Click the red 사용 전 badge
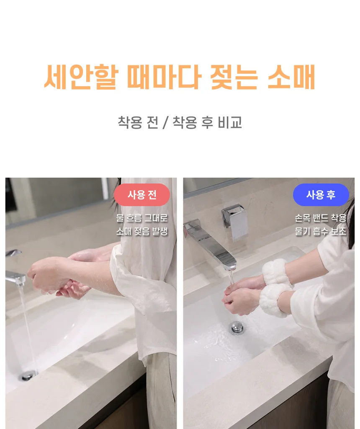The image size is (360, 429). pos(141,194)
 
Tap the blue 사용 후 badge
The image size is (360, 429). pos(321,194)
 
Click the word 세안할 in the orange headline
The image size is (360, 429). pos(82,77)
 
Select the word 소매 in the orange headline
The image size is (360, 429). pos(291,77)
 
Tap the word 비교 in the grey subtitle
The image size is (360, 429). pos(230,122)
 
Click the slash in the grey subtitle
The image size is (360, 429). pos(165,122)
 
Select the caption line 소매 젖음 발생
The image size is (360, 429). pos(142,231)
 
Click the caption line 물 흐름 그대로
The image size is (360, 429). pos(142,218)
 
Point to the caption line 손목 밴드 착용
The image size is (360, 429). pos(320,218)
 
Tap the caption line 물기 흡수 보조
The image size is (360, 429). pos(320,231)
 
